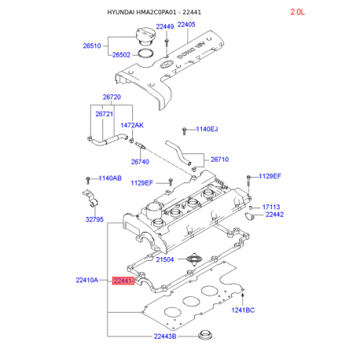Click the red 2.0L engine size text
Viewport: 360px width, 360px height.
(x=297, y=12)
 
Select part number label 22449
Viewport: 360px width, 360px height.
(x=165, y=27)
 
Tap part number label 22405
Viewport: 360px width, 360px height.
(x=186, y=24)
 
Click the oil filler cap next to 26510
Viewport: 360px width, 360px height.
(x=145, y=36)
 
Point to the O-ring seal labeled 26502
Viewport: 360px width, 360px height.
(x=145, y=53)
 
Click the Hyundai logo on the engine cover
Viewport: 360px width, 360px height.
(x=167, y=64)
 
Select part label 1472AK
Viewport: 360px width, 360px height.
(x=132, y=125)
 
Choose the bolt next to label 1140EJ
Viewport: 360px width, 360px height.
(x=185, y=130)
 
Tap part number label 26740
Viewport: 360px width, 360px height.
(x=140, y=162)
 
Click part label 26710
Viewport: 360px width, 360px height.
(x=219, y=160)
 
